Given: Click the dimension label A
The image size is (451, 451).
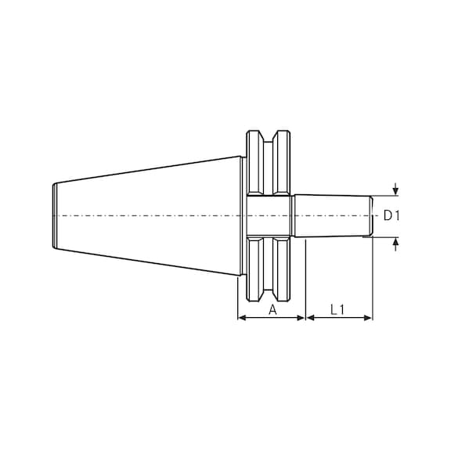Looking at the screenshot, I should point(272,309).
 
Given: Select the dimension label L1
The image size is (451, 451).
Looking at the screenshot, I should point(338,309).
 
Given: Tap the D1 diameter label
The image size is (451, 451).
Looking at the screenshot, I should point(391,215).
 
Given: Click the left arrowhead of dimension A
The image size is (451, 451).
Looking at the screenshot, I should point(242,318).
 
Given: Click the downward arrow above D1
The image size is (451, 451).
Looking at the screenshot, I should point(396,189).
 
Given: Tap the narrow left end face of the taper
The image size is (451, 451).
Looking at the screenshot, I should point(54,215).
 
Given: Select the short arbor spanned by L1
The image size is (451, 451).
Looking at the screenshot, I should point(332,215).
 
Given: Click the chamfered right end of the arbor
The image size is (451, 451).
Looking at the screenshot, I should point(370,215).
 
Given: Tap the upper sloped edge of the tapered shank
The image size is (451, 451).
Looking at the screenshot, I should point(149,169).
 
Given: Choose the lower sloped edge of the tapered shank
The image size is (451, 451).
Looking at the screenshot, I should point(149,262).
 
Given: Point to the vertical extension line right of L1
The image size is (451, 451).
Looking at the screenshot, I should point(373,282).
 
